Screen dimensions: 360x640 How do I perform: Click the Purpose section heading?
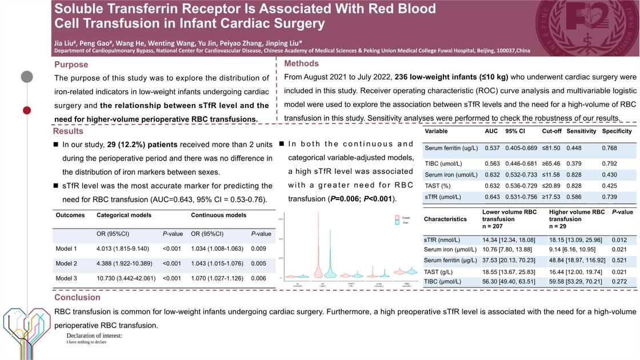(71, 65)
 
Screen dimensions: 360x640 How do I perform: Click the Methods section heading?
(301, 63)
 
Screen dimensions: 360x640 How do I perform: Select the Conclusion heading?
(77, 297)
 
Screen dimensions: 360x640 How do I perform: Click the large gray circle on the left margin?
(27, 76)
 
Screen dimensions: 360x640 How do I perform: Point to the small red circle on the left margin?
(26, 110)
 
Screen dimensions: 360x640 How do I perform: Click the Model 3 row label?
(66, 278)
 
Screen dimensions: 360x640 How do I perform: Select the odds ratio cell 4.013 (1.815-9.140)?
(123, 249)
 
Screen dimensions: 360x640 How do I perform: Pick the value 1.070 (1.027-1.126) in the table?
(217, 278)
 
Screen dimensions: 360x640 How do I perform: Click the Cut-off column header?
(551, 131)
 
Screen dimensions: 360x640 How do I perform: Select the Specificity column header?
(617, 131)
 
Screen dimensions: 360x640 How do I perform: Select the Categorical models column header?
(124, 215)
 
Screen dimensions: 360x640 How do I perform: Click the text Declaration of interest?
(94, 336)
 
